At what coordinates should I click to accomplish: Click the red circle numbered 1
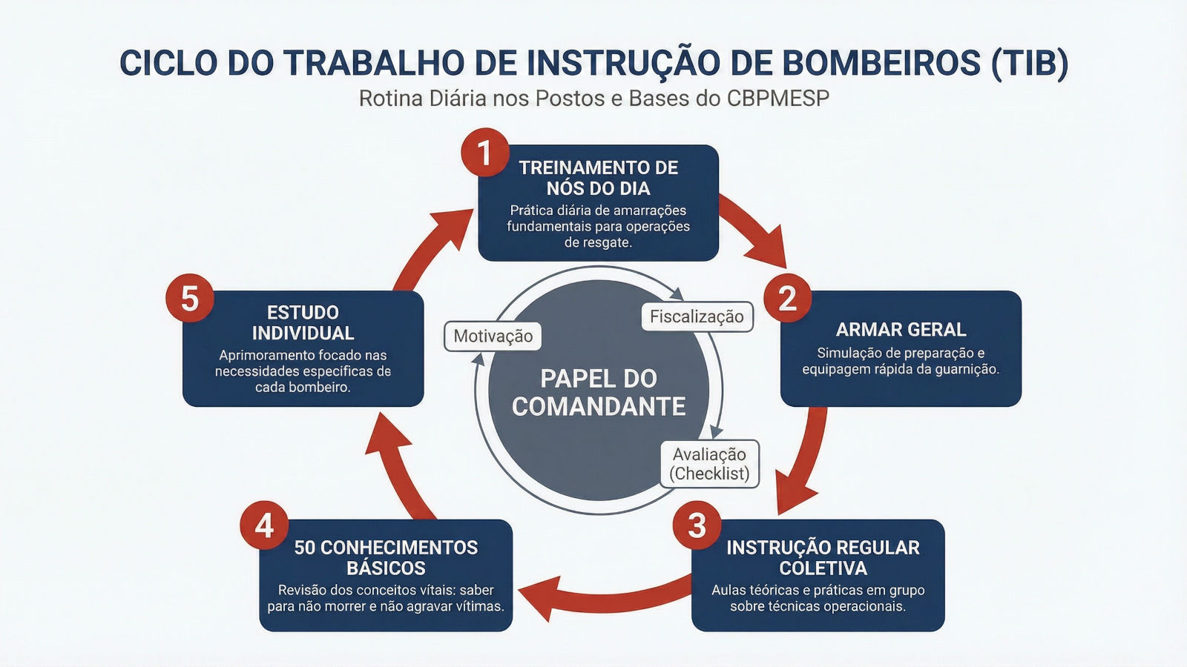[484, 153]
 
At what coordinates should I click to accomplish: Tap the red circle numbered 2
[787, 299]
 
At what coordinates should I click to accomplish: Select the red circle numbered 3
[697, 525]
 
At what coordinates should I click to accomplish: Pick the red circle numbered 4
[264, 525]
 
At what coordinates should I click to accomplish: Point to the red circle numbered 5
[190, 299]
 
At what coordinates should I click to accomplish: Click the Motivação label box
[493, 336]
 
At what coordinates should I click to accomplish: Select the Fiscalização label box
[697, 316]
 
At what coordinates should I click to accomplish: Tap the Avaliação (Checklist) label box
[709, 464]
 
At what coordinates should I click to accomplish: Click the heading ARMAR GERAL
[901, 330]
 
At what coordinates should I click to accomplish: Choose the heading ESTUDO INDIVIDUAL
[303, 323]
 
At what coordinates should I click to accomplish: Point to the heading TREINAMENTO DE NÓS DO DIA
[598, 178]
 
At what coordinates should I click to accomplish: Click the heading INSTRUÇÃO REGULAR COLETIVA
[823, 558]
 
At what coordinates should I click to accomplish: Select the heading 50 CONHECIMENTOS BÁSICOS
[386, 558]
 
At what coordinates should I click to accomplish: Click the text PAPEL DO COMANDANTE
[599, 393]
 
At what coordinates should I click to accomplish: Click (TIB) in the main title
[1030, 63]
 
